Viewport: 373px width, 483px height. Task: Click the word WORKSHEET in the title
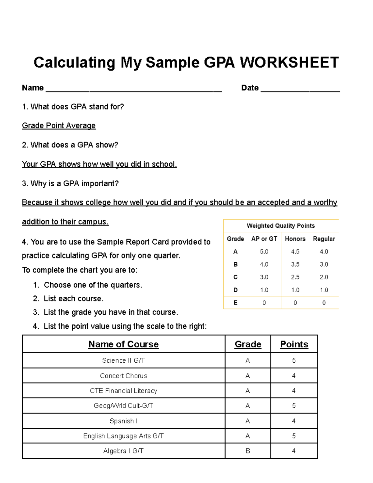[x=289, y=63]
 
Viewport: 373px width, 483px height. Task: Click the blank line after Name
[x=134, y=90]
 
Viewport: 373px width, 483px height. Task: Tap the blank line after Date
[x=300, y=90]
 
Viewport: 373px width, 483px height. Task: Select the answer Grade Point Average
[x=59, y=126]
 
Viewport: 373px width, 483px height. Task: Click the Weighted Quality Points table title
[x=281, y=226]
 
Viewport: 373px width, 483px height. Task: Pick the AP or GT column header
[x=264, y=239]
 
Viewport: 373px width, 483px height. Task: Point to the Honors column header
[x=295, y=239]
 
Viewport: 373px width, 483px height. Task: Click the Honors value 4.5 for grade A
[x=295, y=252]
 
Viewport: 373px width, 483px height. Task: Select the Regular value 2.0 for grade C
[x=324, y=277]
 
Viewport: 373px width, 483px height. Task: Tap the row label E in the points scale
[x=235, y=303]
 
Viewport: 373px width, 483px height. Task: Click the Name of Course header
[x=123, y=344]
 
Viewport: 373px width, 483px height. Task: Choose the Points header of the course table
[x=294, y=344]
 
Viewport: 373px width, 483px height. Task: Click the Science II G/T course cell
[x=123, y=360]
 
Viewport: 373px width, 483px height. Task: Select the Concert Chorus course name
[x=123, y=376]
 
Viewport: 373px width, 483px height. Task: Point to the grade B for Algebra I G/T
[x=248, y=451]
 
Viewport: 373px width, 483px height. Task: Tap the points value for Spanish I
[x=294, y=421]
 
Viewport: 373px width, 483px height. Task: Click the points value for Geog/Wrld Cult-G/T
[x=294, y=406]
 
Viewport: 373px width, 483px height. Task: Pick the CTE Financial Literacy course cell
[x=123, y=391]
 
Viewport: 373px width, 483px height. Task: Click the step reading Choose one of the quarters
[x=93, y=285]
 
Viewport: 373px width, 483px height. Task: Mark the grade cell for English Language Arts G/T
[x=248, y=436]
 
